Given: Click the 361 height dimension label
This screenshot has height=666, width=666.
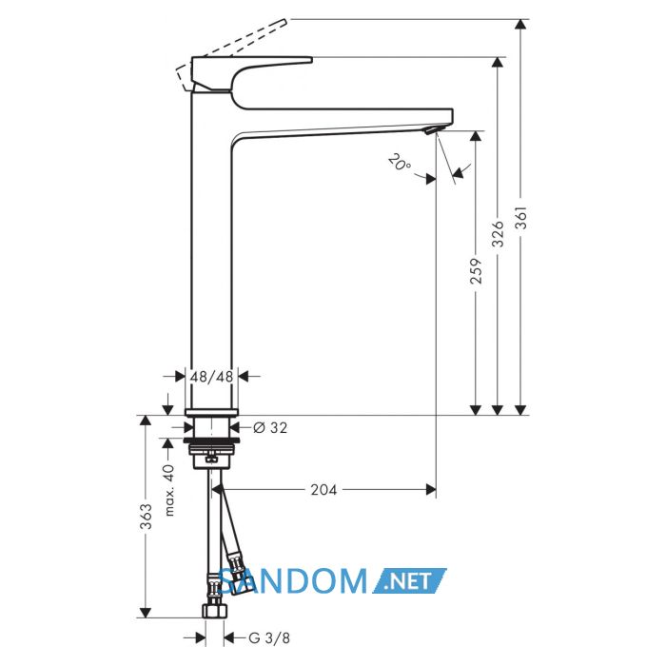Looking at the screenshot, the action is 521,218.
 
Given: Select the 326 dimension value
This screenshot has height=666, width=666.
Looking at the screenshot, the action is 498,234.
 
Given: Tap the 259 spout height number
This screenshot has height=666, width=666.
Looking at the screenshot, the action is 476,270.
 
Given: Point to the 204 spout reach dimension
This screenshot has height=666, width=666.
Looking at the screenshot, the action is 323,490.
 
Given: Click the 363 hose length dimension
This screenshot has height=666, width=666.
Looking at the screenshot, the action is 147,516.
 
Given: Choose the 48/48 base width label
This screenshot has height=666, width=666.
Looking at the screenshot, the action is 211,377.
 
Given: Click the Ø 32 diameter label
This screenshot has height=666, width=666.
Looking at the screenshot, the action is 270,427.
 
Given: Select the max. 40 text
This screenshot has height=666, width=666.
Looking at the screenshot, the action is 169,490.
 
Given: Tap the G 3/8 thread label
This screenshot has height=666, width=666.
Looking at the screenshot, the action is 269,637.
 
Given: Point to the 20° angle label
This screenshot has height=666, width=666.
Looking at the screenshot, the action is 400,163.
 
